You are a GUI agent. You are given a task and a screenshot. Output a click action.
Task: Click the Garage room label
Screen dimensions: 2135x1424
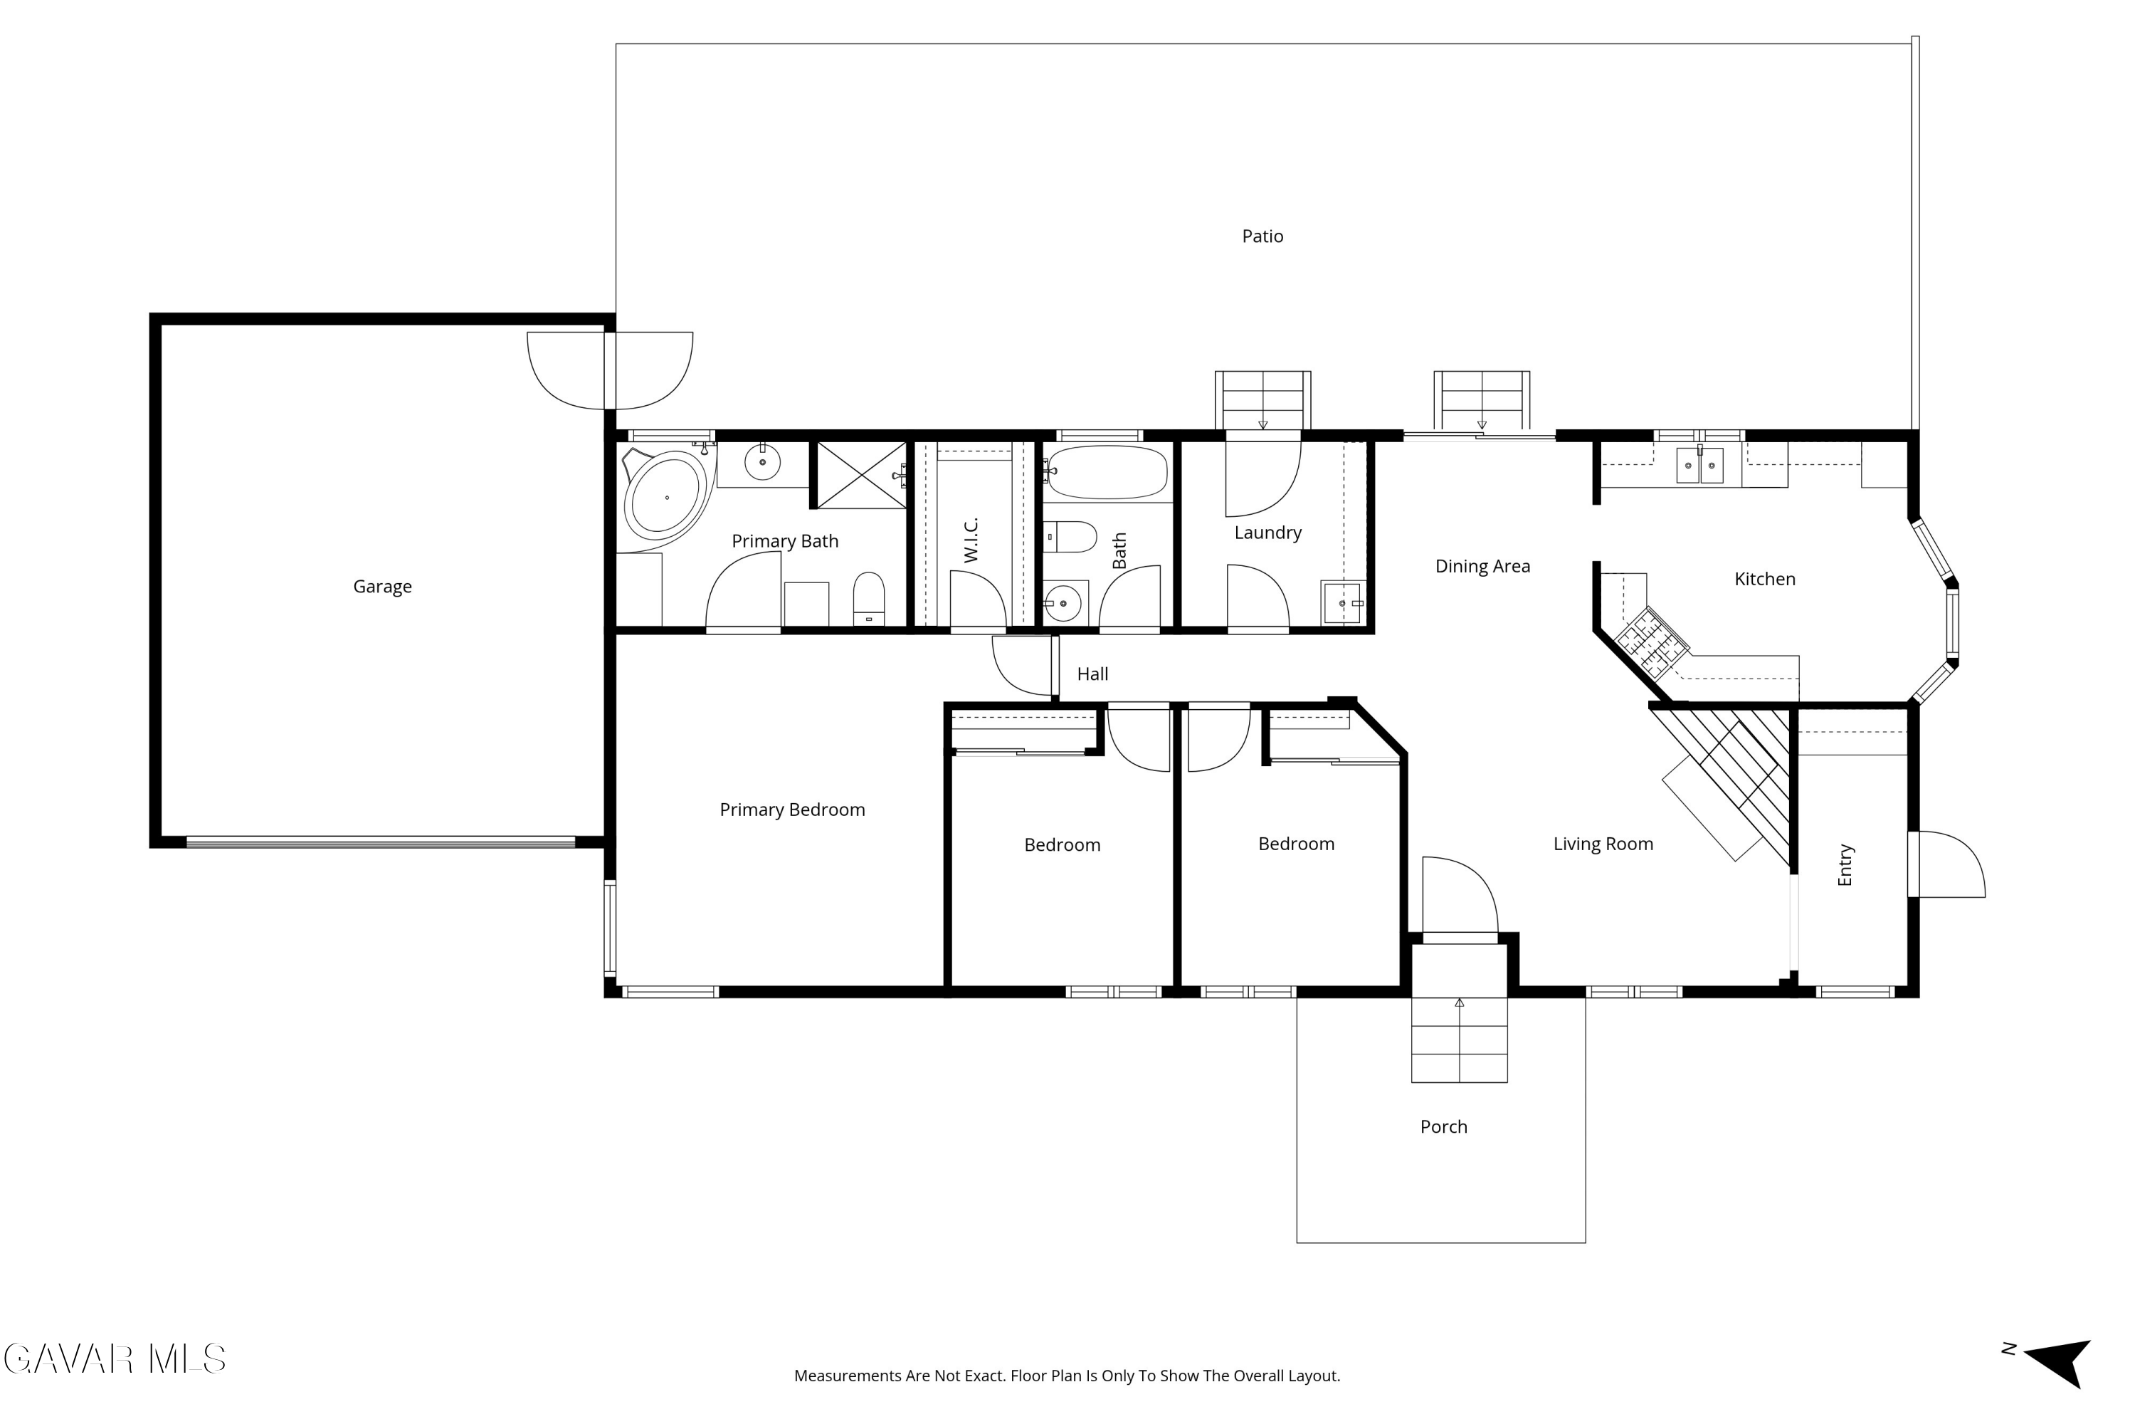(382, 587)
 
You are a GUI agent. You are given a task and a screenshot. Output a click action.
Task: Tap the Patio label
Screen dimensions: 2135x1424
(1262, 236)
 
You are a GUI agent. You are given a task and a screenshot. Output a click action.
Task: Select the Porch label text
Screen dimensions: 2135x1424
(1443, 1126)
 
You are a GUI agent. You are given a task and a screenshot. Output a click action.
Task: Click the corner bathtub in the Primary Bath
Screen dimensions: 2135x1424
(666, 496)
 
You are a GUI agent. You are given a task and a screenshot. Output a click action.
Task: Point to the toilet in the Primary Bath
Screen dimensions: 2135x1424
(869, 599)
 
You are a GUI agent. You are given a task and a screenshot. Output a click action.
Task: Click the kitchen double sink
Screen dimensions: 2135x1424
(1699, 465)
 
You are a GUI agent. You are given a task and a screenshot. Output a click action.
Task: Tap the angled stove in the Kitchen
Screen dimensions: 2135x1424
(1652, 643)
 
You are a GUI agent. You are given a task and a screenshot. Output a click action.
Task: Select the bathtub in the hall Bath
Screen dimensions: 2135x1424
(1107, 472)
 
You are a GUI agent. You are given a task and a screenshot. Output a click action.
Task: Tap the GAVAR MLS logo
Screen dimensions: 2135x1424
(115, 1359)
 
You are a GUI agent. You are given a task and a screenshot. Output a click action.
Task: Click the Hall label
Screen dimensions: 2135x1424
(1093, 674)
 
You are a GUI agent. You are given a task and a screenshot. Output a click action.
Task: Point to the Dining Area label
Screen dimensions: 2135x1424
(1482, 567)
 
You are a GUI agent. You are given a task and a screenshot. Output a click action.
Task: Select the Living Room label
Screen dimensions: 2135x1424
(1603, 844)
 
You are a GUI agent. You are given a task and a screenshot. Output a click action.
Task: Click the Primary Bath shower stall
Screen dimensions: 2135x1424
(861, 475)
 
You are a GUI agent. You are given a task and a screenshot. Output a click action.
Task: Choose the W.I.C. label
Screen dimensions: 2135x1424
(971, 540)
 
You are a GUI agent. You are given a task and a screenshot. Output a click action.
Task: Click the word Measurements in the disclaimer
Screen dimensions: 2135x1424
(848, 1376)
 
